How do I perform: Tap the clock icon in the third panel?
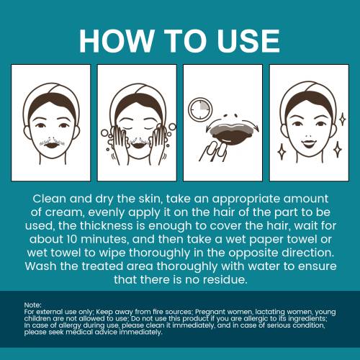pos(200,109)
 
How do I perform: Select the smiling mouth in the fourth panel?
pos(308,144)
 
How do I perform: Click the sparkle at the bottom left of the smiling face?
pos(281,151)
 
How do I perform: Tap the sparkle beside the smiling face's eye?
pos(343,120)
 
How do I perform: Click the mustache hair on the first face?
pos(52,143)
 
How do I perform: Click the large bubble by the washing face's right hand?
pos(173,127)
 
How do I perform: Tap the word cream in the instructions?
pos(63,212)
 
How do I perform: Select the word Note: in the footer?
pos(33,305)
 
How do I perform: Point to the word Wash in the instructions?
pos(40,266)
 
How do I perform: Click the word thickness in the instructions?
pos(106,226)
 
